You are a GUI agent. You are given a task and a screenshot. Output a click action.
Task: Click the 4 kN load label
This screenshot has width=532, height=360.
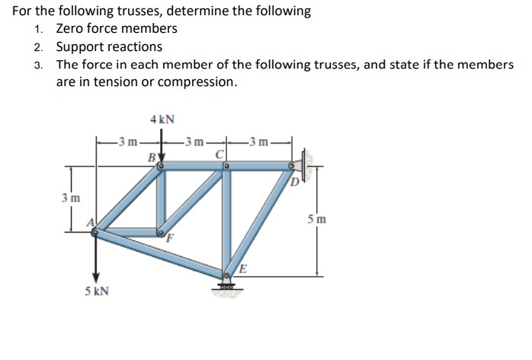[x=162, y=119]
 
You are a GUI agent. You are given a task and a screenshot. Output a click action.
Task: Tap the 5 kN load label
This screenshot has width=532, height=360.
[x=97, y=291]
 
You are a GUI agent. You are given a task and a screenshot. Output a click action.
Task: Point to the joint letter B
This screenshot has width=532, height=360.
[x=152, y=157]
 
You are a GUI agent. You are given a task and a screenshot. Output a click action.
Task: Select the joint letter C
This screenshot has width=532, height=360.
[x=220, y=157]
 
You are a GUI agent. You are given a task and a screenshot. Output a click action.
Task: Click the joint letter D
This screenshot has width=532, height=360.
[x=295, y=181]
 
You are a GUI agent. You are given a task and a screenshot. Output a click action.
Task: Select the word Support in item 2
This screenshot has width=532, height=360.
[x=80, y=47]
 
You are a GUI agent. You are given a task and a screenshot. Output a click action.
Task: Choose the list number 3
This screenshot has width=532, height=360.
[x=39, y=65]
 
